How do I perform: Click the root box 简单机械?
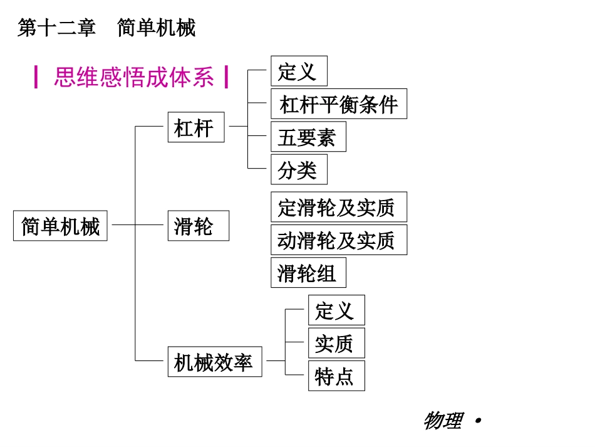[x=60, y=226]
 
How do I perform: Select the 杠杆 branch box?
[x=195, y=127]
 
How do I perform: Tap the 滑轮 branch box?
[x=198, y=226]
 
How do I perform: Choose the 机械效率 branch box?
[x=214, y=362]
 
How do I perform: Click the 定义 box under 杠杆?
[x=299, y=71]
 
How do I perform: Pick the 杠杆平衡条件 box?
[x=338, y=104]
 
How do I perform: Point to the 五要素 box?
[x=308, y=137]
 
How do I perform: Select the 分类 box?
[x=299, y=170]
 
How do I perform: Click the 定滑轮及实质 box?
[x=338, y=208]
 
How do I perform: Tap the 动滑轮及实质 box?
[x=338, y=240]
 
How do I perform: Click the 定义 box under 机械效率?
[x=336, y=310]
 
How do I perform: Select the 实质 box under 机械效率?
[x=336, y=344]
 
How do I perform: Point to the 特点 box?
[x=336, y=376]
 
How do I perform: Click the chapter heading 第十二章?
[x=57, y=28]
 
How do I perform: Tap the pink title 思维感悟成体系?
[x=134, y=78]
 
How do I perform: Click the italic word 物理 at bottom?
[x=443, y=421]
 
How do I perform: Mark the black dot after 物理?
[x=479, y=420]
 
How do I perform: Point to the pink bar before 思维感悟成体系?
[x=36, y=78]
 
